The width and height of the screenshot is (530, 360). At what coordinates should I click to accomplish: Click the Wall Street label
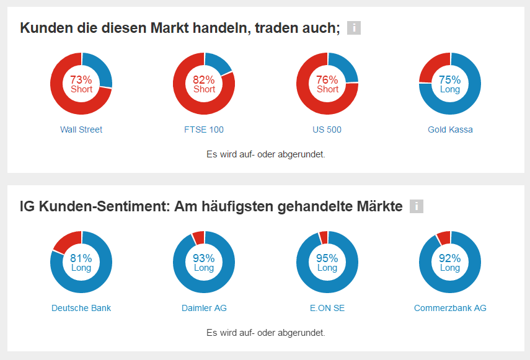point(81,130)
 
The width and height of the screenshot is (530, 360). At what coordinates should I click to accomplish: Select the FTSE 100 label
point(204,130)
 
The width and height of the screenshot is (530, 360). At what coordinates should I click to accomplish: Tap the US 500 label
point(327,130)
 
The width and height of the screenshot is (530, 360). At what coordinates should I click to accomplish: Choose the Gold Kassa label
point(450,130)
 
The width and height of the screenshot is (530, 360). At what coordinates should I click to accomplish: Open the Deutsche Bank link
point(81,308)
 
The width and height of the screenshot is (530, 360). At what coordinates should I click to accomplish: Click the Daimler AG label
point(204,308)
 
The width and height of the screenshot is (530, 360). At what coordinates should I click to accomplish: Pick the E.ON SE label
point(327,308)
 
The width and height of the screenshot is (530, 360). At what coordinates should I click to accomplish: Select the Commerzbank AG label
point(450,308)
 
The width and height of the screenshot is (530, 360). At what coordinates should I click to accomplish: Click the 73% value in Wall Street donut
point(81,80)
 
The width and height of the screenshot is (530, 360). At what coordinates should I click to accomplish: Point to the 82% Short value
point(204,80)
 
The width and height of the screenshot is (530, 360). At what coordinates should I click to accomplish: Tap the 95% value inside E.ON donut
point(327,258)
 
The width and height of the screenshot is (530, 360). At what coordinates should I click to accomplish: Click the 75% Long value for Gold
point(450,80)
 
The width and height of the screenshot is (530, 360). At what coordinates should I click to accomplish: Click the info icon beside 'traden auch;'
point(354,28)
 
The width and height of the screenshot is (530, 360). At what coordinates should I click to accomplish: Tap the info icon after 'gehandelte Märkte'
point(417,206)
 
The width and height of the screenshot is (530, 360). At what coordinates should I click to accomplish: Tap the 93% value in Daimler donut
point(204,258)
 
